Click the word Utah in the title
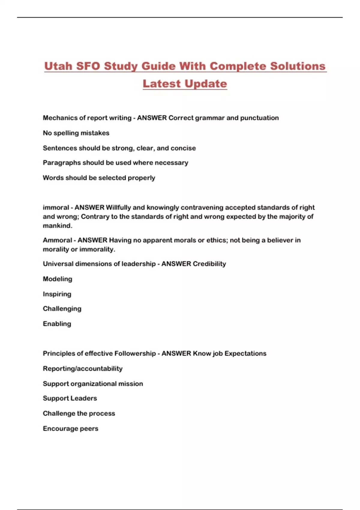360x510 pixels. pos(58,66)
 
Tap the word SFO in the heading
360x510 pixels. pos(88,66)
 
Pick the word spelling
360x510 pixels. pos(66,133)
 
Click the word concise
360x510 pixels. pos(183,148)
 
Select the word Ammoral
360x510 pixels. pos(57,240)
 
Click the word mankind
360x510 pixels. pos(57,226)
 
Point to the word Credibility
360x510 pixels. pos(209,264)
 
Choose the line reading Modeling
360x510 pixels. pos(57,279)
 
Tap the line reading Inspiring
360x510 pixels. pos(57,294)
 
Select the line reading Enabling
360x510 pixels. pos(57,324)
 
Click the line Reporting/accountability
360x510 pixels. pos(82,369)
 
